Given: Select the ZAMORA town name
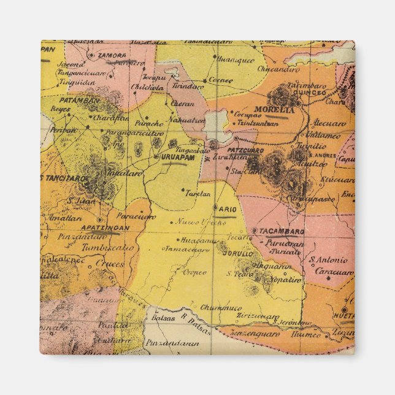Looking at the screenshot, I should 112,54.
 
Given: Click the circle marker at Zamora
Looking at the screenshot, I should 91,55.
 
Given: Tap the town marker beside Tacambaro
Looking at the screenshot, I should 254,231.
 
